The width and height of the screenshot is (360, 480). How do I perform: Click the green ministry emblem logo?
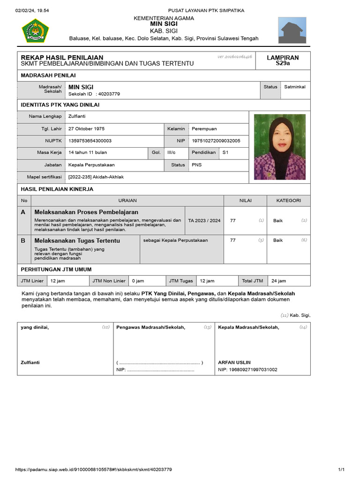pyautogui.click(x=35, y=30)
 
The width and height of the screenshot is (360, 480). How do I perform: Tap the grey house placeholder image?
pyautogui.click(x=293, y=30)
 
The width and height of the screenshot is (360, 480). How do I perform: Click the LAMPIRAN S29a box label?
pyautogui.click(x=283, y=60)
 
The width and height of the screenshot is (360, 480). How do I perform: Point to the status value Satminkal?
pyautogui.click(x=294, y=87)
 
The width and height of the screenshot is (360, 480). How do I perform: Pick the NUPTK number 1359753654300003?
pyautogui.click(x=90, y=141)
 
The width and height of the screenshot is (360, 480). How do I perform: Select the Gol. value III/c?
pyautogui.click(x=172, y=152)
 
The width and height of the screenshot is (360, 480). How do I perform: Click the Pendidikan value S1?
pyautogui.click(x=225, y=152)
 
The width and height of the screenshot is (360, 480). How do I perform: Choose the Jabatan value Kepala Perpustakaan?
pyautogui.click(x=91, y=165)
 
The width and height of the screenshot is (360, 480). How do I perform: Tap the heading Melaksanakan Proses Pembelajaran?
pyautogui.click(x=86, y=212)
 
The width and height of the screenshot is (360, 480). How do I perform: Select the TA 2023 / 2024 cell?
pyautogui.click(x=204, y=220)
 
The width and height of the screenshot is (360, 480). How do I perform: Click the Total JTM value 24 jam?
pyautogui.click(x=278, y=281)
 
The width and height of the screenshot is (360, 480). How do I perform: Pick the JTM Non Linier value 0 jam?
pyautogui.click(x=138, y=281)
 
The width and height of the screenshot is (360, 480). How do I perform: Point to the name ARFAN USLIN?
pyautogui.click(x=234, y=362)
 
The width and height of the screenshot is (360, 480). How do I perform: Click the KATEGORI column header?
pyautogui.click(x=288, y=201)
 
